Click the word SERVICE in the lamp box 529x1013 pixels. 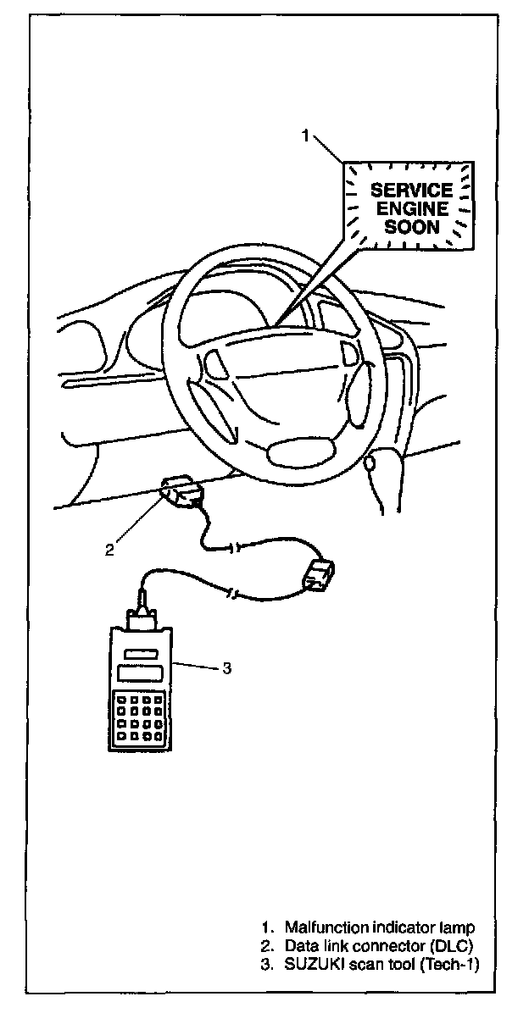click(x=399, y=191)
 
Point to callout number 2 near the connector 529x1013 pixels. click(x=109, y=549)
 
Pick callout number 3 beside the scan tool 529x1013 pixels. click(x=226, y=668)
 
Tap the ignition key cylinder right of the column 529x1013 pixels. click(x=370, y=463)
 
